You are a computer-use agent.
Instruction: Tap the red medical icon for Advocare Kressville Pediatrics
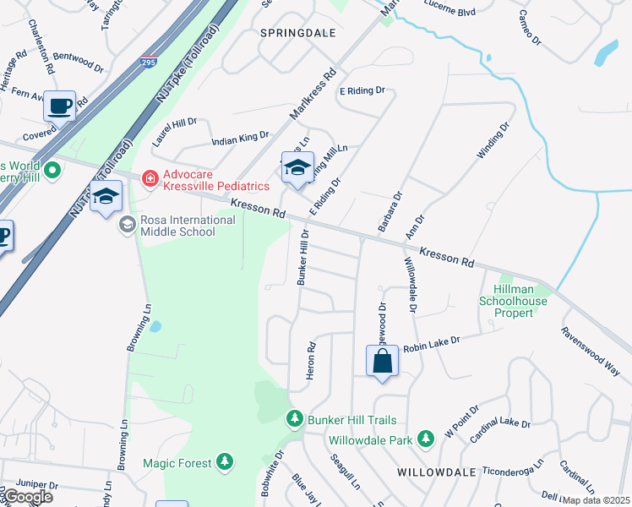[150, 178]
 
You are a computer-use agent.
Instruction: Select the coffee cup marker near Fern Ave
[60, 106]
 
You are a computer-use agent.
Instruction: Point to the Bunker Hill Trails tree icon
[294, 419]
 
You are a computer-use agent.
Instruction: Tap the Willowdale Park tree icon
[426, 438]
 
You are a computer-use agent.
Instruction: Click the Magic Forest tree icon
[224, 461]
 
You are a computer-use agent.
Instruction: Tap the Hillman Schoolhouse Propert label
[514, 301]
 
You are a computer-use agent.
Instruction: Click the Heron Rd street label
[311, 359]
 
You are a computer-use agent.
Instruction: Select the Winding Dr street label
[493, 140]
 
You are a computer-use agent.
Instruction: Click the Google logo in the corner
[27, 497]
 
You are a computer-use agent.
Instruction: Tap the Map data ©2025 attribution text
[596, 500]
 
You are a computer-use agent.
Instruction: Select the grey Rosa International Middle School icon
[127, 224]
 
